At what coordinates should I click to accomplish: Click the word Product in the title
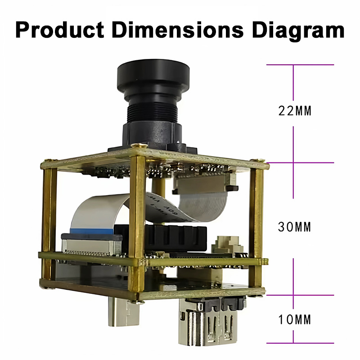click(x=60, y=30)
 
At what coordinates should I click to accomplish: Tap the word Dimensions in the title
click(x=177, y=30)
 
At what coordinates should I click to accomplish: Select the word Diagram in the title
click(x=298, y=31)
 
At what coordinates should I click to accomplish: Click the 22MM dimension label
click(x=295, y=111)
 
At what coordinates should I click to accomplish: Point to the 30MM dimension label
click(x=295, y=227)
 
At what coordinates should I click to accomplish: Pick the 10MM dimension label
click(x=295, y=319)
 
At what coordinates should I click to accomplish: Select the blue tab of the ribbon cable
click(x=92, y=232)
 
